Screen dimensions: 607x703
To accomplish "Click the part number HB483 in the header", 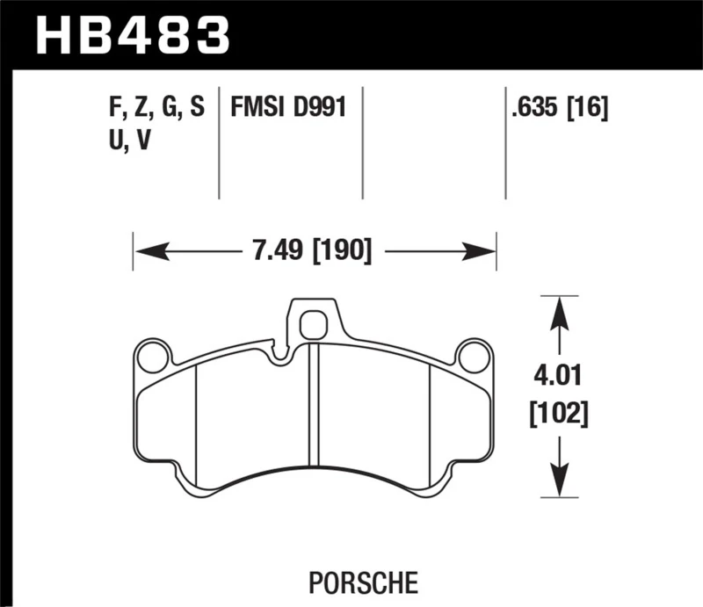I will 132,37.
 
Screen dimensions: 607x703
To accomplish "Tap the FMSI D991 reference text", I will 286,108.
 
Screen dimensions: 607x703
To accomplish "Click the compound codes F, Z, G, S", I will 153,108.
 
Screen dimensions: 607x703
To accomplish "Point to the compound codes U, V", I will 125,141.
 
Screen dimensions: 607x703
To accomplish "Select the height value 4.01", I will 557,378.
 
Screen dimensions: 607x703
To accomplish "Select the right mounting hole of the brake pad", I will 472,356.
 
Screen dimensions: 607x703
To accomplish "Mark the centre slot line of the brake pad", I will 313,404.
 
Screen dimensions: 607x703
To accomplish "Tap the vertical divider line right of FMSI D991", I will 363,141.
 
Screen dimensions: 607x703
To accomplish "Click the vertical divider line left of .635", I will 505,141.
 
